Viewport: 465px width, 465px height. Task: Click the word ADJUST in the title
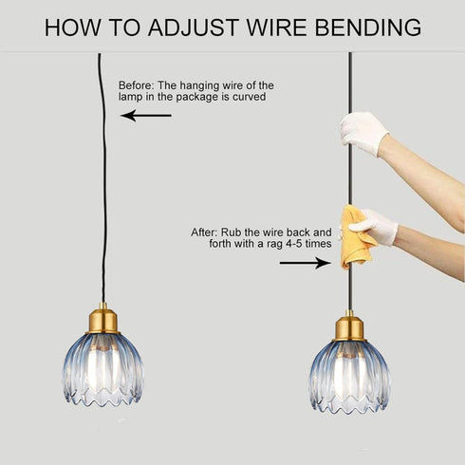193,28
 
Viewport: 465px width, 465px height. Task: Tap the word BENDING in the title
368,28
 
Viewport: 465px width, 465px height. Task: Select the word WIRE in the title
277,28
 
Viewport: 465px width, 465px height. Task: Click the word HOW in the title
72,28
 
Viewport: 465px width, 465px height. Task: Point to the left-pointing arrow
146,116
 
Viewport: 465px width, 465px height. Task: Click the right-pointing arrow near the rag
306,263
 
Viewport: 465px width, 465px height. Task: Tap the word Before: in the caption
138,85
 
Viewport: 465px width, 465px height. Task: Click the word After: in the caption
204,232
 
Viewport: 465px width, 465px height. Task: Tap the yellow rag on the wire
356,237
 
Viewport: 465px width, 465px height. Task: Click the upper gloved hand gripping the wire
363,133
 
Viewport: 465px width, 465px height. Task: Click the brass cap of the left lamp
102,320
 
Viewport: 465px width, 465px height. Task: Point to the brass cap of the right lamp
349,326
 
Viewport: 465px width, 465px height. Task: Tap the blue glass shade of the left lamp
103,370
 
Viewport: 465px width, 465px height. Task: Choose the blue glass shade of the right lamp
349,377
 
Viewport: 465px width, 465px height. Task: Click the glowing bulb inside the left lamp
102,367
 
